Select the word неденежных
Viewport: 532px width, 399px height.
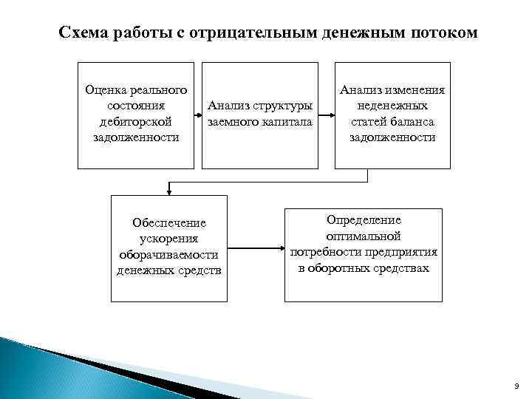tap(392, 106)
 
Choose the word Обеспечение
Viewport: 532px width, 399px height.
tap(169, 222)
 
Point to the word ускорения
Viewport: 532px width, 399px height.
tap(168, 238)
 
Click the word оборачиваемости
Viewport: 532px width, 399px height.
tap(169, 254)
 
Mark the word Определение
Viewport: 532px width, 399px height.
tap(364, 220)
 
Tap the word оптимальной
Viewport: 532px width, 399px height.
tap(364, 236)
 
